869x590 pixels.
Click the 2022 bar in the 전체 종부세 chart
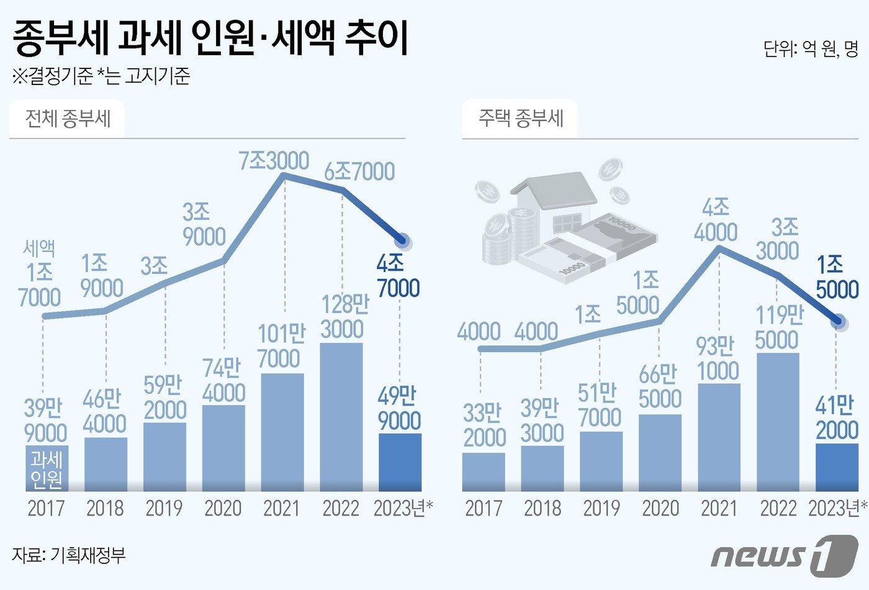coord(341,416)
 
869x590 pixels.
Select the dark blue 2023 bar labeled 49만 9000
coord(400,463)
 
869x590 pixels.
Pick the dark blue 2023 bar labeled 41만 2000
coord(837,468)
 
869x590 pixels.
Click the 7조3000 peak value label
coord(274,160)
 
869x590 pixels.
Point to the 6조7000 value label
coord(359,171)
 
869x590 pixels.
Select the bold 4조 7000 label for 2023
coord(398,276)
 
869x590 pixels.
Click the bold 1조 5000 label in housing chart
coord(837,277)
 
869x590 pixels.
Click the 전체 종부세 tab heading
coord(68,118)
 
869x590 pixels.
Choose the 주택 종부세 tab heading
coord(520,118)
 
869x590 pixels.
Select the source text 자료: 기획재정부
coord(68,555)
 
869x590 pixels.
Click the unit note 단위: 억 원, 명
coord(811,48)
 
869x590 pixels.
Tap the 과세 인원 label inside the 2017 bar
coord(47,469)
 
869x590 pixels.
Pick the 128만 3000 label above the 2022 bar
coord(343,317)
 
